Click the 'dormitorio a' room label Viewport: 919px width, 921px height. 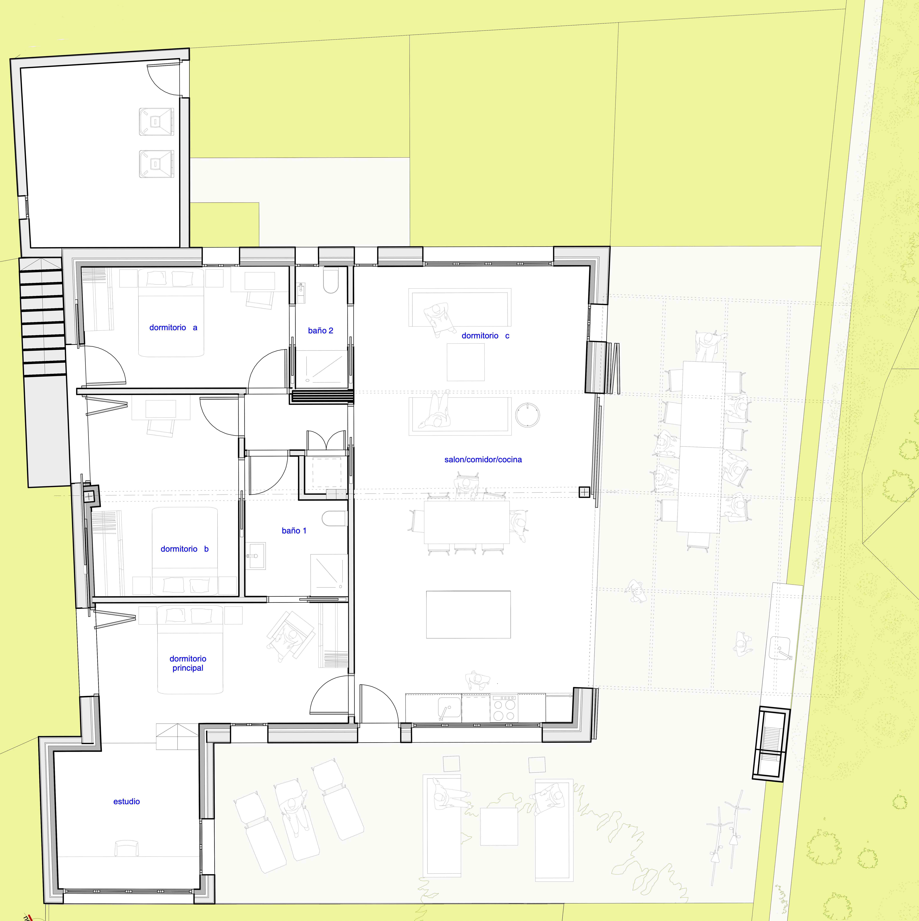click(x=173, y=328)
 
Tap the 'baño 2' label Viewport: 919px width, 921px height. click(x=320, y=330)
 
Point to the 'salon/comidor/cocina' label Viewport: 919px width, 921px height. click(x=483, y=460)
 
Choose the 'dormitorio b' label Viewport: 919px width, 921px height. click(x=185, y=549)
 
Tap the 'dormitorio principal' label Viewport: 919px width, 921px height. click(x=188, y=663)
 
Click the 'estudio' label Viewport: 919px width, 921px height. click(x=126, y=801)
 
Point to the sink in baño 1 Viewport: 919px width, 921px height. click(x=255, y=555)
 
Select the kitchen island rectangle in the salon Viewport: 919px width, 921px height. click(x=468, y=614)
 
